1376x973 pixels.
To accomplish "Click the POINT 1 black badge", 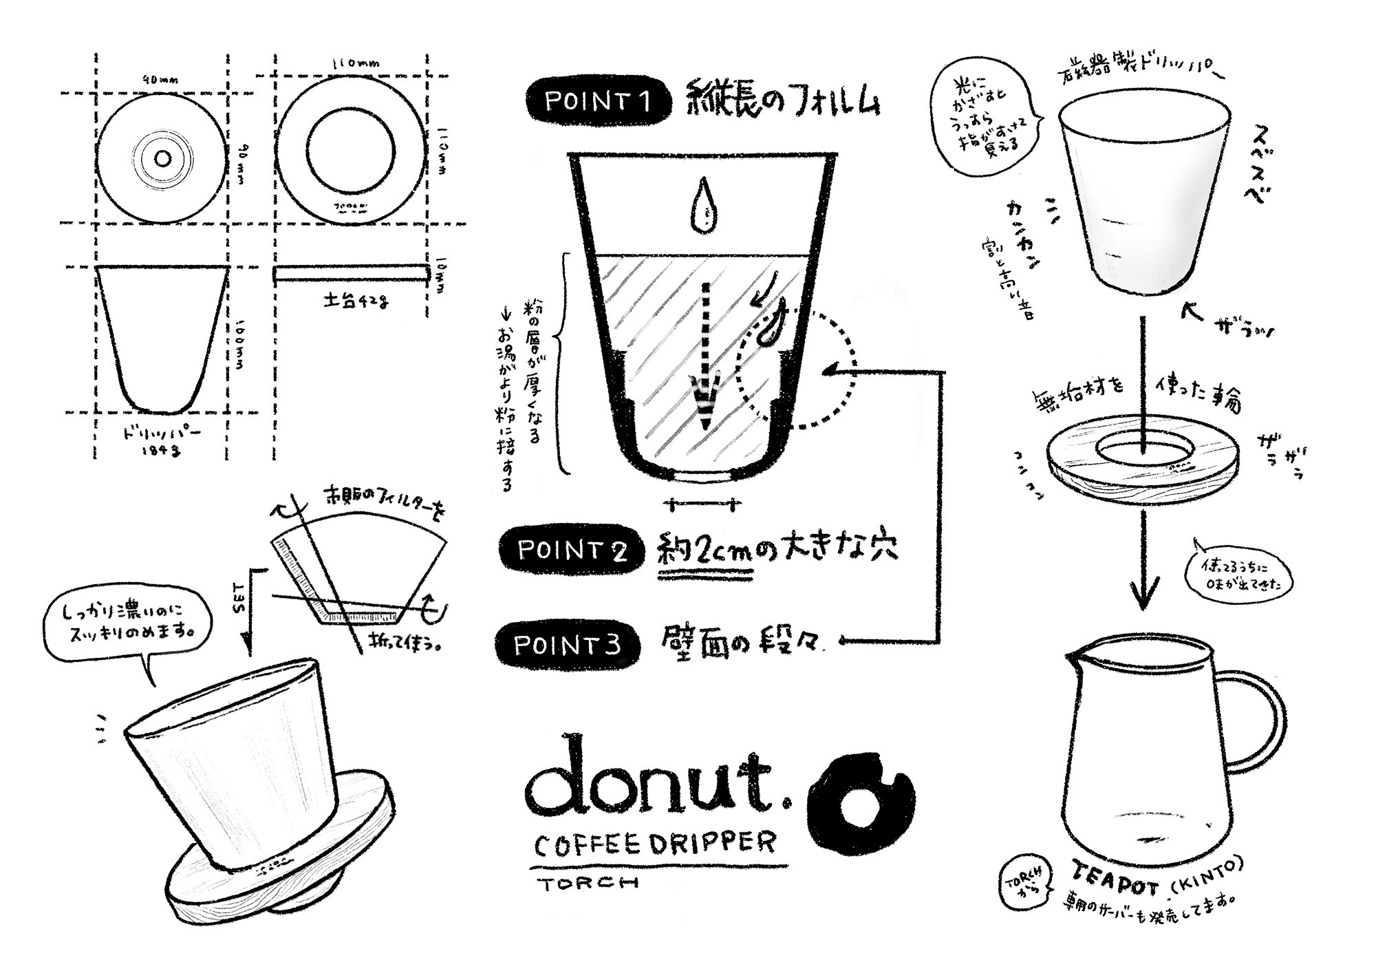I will tap(597, 102).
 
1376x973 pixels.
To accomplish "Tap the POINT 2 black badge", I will tap(572, 550).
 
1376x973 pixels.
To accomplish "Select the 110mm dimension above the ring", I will tap(355, 63).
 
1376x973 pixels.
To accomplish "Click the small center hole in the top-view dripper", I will tap(163, 159).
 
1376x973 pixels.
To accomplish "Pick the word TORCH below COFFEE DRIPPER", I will tap(588, 883).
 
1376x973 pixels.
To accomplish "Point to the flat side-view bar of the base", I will tap(351, 273).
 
